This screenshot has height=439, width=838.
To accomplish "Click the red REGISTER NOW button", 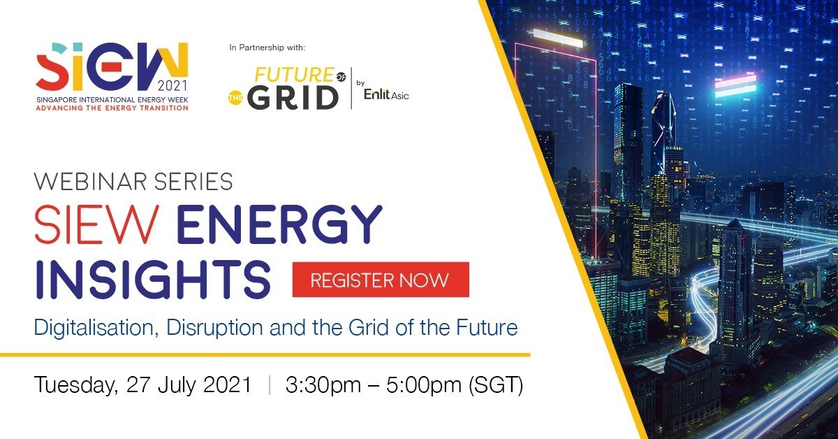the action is pos(381,280).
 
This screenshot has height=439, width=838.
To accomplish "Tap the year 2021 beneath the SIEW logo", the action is pos(172,86).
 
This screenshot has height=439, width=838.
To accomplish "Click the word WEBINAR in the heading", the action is pos(90,182).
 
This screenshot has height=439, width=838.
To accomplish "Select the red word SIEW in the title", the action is pos(96,224).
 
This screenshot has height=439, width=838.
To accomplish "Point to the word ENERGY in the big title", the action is pos(279,224).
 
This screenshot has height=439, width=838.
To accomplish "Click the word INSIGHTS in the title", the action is pos(153,280).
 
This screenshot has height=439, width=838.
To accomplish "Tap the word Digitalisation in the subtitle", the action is pos(96,328).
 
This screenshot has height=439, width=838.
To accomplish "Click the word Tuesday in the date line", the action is pos(76,385).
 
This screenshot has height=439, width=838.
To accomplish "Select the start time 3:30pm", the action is pos(323,384).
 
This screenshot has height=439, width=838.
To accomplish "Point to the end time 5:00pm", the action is pos(423,384).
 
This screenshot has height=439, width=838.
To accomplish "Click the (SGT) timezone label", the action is pos(496,385).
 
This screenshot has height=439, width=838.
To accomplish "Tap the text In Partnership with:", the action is pos(267,48).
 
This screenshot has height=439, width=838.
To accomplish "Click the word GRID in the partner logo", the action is pos(293,98).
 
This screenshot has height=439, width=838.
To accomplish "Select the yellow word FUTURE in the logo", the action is pos(294,75).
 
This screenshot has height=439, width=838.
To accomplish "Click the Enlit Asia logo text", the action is pos(386,94).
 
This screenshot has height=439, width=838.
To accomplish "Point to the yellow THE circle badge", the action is pos(235,98).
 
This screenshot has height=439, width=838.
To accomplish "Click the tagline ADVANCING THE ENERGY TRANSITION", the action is pos(112,108).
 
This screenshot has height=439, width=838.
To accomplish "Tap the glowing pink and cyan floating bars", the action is pos(735,86).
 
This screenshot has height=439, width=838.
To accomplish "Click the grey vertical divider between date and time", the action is pos(270,384).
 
